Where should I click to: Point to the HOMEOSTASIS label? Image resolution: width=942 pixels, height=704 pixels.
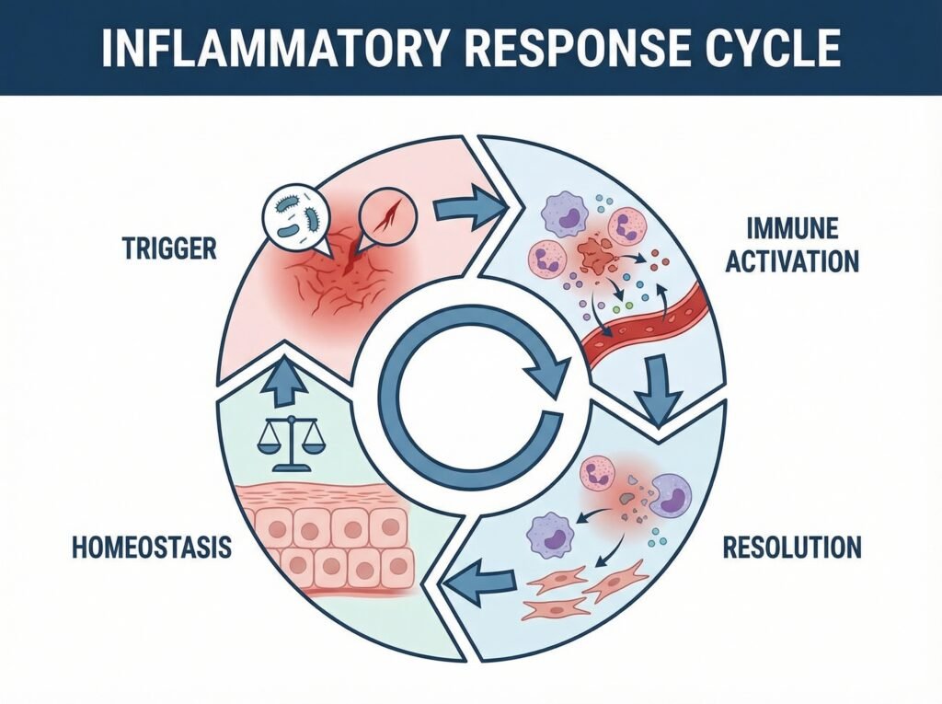coord(151,549)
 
